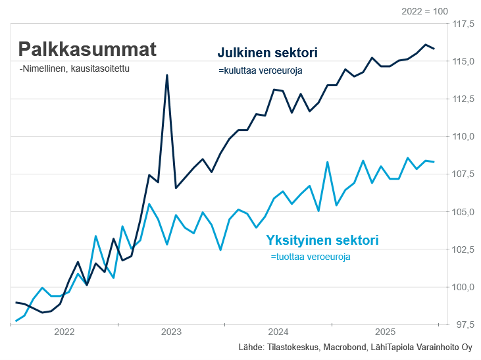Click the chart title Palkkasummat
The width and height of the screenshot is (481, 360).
coord(87,50)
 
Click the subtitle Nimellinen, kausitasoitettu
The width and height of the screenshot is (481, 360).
coord(74,68)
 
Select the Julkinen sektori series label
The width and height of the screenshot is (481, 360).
coord(268,53)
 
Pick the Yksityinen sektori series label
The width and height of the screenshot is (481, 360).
coord(322,240)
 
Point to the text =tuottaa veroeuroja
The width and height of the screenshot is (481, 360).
coord(311,257)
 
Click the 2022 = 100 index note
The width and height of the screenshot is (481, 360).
coord(424,11)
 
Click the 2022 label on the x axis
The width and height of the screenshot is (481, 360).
coord(64,332)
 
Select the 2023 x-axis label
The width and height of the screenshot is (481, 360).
coord(171,332)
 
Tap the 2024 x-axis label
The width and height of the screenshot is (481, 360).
coord(278,332)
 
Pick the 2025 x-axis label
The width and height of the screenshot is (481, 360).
coord(385,332)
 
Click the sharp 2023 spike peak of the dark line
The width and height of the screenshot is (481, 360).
coord(167,75)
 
